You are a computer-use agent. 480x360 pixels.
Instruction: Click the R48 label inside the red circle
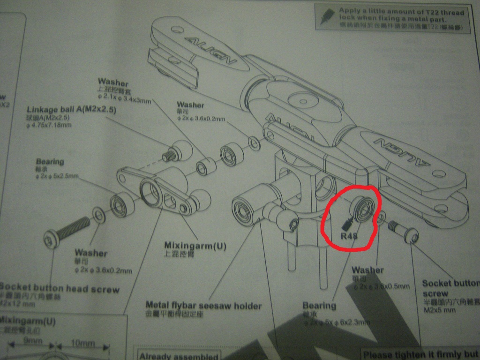click(x=349, y=236)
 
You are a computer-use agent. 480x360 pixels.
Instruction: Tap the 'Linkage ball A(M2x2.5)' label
click(x=71, y=110)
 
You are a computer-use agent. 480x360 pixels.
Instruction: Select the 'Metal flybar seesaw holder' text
click(x=203, y=306)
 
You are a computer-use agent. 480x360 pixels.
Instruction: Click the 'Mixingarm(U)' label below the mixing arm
click(x=195, y=245)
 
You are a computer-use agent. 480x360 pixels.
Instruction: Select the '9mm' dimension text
click(x=32, y=341)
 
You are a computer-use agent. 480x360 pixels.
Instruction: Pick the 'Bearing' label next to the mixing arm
click(x=50, y=162)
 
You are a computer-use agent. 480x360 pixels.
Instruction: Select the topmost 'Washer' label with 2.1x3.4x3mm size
click(x=113, y=83)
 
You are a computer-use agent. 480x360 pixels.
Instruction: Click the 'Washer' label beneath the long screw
click(x=90, y=253)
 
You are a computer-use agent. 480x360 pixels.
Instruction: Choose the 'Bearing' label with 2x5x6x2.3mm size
click(x=319, y=306)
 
